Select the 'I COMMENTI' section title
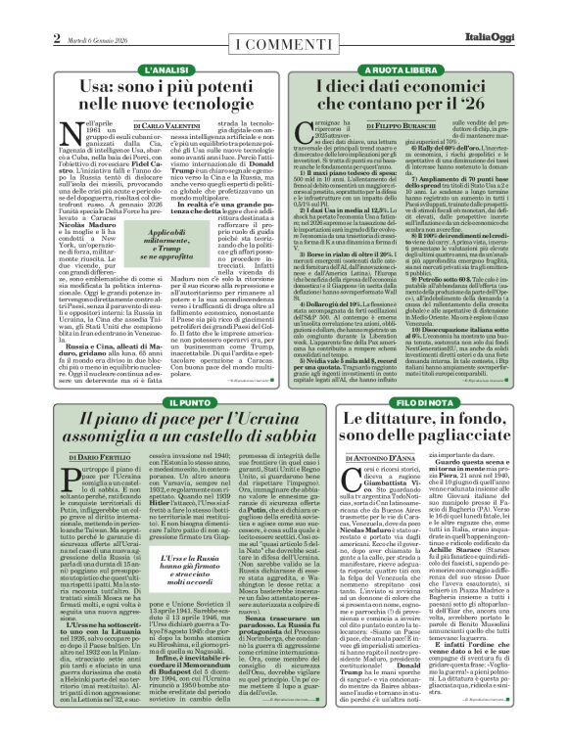point(284,21)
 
